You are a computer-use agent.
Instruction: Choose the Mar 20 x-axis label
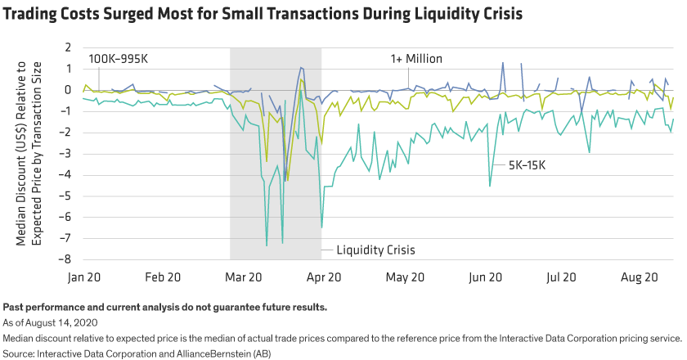(244, 277)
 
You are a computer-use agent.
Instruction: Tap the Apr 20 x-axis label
(323, 277)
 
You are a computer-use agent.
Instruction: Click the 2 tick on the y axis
(70, 47)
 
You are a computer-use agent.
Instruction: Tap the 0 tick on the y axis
(70, 90)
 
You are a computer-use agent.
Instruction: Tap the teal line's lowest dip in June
(490, 187)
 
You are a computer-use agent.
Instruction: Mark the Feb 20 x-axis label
(165, 277)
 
